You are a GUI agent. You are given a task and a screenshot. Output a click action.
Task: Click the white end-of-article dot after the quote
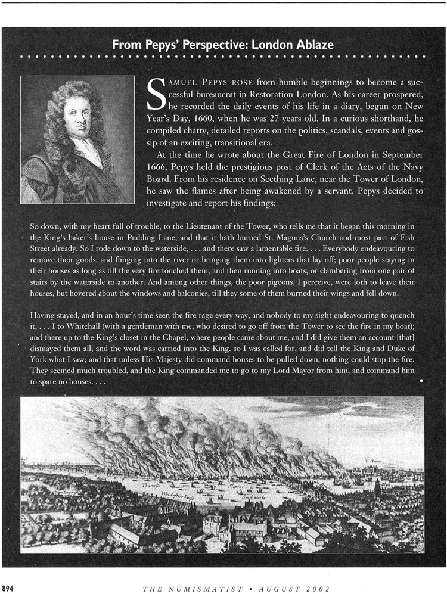[422, 380]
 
